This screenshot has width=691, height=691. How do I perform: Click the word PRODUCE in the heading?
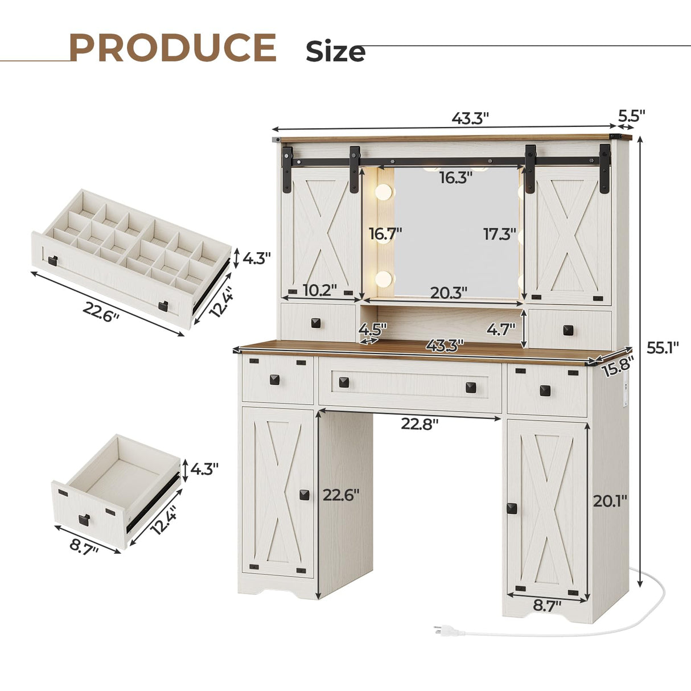click(x=173, y=48)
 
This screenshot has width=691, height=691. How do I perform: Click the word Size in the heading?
click(x=335, y=52)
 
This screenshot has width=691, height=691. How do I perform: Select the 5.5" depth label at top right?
click(x=632, y=116)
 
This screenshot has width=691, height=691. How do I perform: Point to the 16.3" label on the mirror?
click(x=456, y=178)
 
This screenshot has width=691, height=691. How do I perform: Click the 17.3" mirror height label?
click(x=499, y=234)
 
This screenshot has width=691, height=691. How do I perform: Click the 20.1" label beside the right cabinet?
click(x=610, y=501)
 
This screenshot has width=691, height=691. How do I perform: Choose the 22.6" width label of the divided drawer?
click(x=101, y=311)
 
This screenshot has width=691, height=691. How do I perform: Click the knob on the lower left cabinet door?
click(x=305, y=494)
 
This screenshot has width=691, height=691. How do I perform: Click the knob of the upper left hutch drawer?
click(x=316, y=323)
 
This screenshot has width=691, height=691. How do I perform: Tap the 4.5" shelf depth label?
click(x=373, y=329)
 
